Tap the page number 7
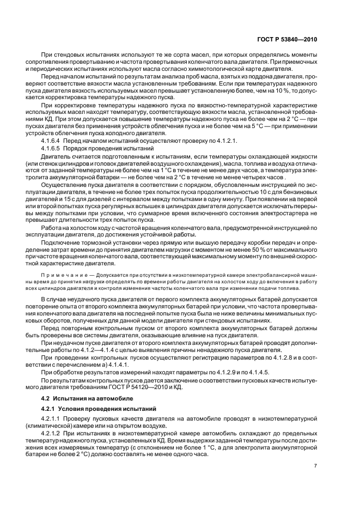point(316,466)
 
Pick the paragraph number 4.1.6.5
point(53,148)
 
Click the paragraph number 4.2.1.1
point(53,417)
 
